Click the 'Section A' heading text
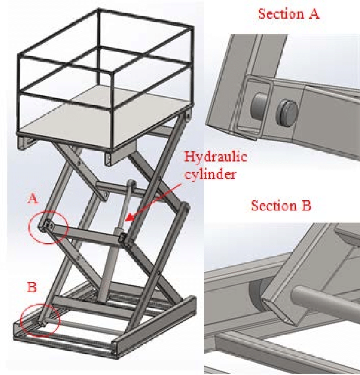point(289,14)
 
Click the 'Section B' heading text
point(281,206)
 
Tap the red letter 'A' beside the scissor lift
point(34,198)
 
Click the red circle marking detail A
point(48,227)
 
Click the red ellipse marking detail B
point(40,319)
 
